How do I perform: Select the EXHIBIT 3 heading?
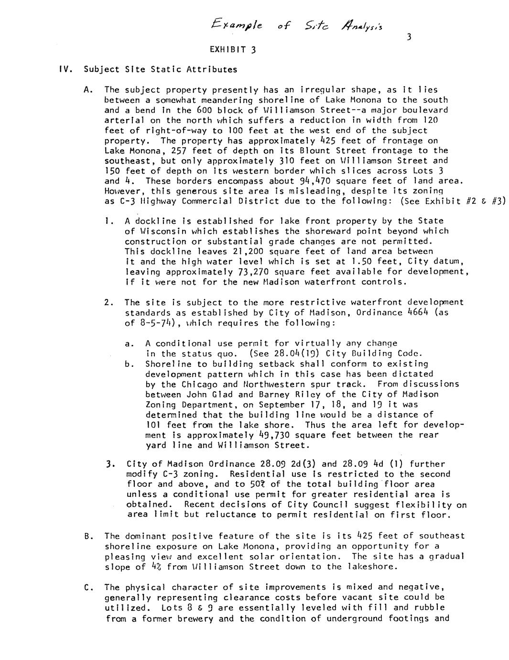(x=233, y=49)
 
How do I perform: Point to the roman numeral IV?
(x=65, y=69)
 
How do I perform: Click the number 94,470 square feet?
(x=326, y=181)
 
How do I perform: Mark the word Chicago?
(x=197, y=384)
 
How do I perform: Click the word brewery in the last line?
(x=194, y=618)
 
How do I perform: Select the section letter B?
(x=87, y=536)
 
